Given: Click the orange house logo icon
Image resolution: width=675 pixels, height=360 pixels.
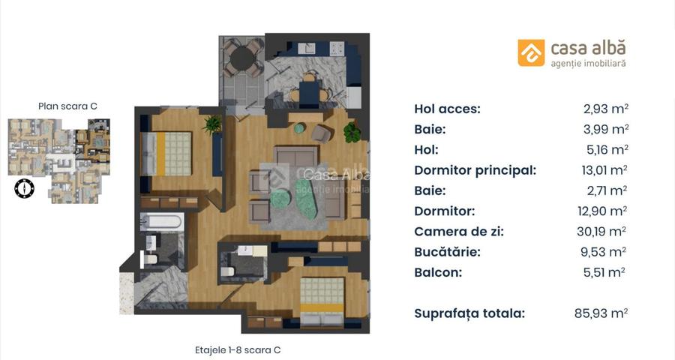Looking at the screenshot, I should [x=531, y=52].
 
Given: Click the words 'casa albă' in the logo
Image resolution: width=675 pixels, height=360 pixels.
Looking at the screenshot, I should [x=587, y=48].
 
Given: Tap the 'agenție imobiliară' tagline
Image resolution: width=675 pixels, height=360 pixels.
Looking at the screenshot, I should [x=587, y=64].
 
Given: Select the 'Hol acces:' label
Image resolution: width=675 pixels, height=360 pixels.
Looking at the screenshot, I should [x=447, y=109].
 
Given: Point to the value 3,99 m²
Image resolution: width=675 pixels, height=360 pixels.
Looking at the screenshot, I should [x=605, y=129].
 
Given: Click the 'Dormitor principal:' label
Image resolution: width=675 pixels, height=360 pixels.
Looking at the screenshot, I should [x=475, y=170].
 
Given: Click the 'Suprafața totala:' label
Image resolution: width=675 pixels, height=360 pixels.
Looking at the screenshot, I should [x=469, y=313].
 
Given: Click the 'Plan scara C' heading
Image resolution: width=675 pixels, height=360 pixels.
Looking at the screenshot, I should [x=67, y=106].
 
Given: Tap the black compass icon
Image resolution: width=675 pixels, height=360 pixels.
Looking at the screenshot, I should [x=24, y=187].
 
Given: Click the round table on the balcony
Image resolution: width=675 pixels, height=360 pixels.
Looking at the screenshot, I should [x=241, y=58].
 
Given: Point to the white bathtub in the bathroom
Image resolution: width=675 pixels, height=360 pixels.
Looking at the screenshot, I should [x=161, y=222].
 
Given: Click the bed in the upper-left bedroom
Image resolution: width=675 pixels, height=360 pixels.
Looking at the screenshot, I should [x=173, y=153].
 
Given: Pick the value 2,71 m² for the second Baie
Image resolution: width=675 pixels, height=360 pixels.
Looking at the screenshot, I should [x=605, y=190].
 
